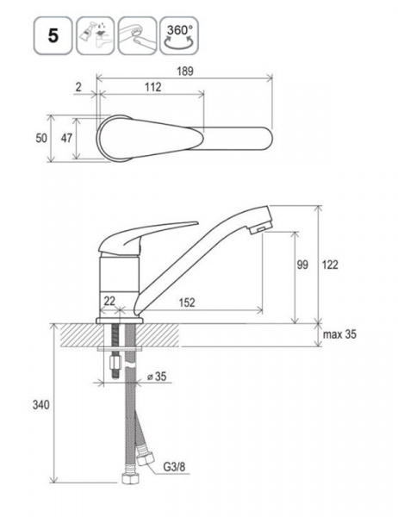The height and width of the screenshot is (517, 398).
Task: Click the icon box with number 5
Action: (53, 35)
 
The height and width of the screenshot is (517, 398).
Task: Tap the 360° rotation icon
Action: (179, 35)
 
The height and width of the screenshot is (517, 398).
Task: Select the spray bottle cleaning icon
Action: (96, 35)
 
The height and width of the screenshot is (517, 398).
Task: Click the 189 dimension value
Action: (185, 72)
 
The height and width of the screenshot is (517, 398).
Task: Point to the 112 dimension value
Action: (153, 87)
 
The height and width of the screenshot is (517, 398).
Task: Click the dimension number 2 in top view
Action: (78, 87)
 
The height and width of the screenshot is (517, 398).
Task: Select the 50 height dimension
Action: (41, 138)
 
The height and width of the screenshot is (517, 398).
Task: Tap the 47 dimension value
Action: (66, 138)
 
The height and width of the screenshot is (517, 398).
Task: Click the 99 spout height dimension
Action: (302, 265)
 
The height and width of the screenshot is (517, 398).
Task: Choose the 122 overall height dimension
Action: (330, 265)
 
